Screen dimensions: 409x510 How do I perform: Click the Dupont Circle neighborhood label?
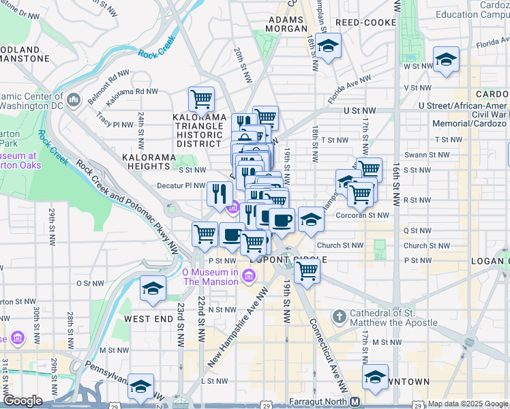tap(286, 260)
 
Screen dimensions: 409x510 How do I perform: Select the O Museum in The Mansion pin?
tap(249, 275)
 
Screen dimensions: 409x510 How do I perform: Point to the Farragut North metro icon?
tap(355, 402)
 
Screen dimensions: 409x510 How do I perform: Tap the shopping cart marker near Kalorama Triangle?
tap(201, 100)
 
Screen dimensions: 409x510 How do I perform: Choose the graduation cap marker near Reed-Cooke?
tap(329, 46)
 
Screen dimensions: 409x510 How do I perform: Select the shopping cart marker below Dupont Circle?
tap(307, 269)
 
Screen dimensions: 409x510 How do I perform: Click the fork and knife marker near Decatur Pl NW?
tap(220, 194)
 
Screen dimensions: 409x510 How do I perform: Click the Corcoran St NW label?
tap(362, 215)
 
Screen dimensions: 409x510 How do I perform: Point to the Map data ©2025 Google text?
tap(467, 404)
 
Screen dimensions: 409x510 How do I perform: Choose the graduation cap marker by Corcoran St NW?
tap(311, 219)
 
